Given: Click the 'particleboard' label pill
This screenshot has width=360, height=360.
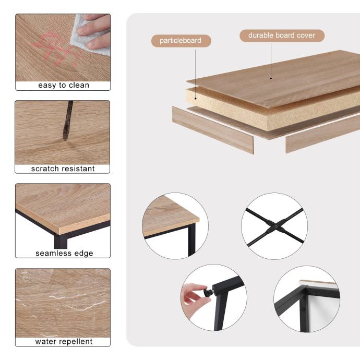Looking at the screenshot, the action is [x=181, y=41].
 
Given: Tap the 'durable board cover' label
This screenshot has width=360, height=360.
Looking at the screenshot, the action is [x=282, y=35].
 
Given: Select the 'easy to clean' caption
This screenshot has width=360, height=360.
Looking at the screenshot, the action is [x=64, y=85].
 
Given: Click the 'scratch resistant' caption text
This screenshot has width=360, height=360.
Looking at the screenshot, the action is [x=63, y=169].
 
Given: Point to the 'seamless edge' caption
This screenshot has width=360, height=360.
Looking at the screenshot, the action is [x=64, y=253].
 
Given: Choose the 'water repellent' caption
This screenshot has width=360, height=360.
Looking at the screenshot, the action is [x=64, y=341].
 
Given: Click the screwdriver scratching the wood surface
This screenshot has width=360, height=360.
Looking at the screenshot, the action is [x=68, y=120].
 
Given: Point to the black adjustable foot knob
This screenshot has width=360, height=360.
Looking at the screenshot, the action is [x=209, y=292].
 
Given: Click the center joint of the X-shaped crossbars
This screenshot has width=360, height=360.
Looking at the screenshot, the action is [x=276, y=226].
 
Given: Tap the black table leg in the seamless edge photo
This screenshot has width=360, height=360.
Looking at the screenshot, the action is [x=61, y=241].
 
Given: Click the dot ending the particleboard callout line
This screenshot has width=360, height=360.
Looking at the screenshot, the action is [x=196, y=99].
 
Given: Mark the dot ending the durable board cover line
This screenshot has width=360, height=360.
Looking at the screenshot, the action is [x=271, y=78].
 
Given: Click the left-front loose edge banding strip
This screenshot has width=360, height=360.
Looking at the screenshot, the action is [x=213, y=130].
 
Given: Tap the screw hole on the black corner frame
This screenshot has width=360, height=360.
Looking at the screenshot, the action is [x=303, y=309].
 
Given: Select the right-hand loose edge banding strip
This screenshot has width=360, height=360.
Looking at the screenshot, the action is [x=322, y=134].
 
